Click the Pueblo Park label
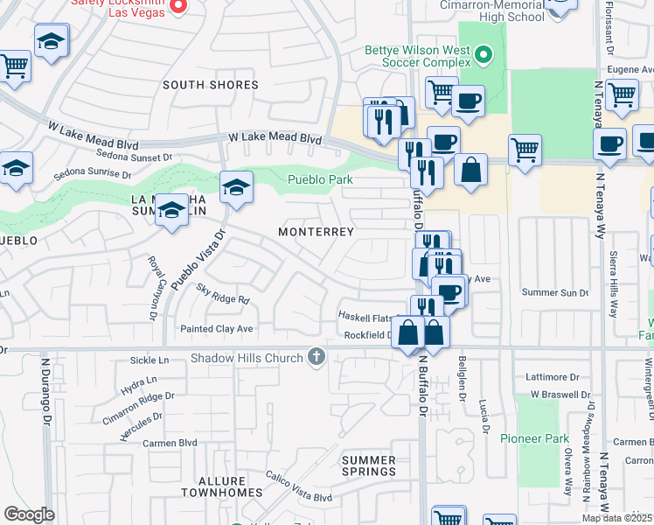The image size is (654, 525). click(x=321, y=180)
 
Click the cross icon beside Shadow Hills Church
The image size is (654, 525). click(x=317, y=357)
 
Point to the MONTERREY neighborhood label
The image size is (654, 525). click(x=316, y=232)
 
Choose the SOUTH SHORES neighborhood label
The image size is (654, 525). click(x=210, y=85)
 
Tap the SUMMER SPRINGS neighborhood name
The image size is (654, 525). click(x=368, y=465)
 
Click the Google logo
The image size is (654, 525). click(x=28, y=514)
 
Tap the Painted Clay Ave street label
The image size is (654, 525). click(x=216, y=329)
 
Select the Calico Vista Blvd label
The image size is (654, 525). click(x=299, y=497)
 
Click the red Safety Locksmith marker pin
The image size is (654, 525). click(x=178, y=6)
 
